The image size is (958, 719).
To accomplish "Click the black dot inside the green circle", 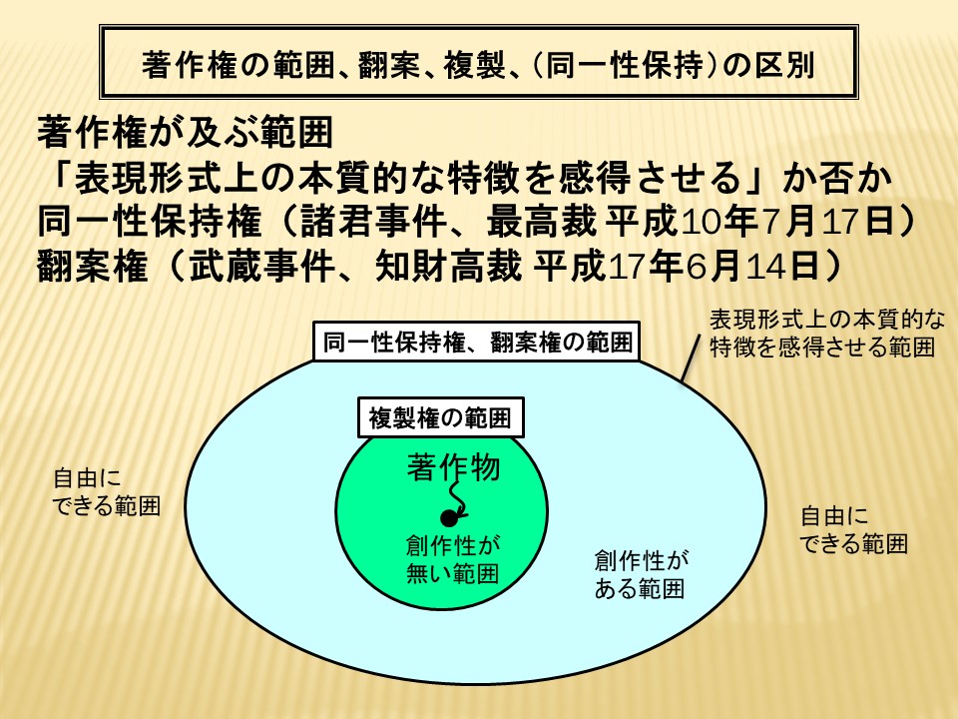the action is (x=449, y=518).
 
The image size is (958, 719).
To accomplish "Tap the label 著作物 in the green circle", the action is (x=454, y=467).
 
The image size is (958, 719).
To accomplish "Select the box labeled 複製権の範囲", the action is (x=440, y=418).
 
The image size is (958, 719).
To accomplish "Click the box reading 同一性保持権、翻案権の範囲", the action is (x=477, y=342).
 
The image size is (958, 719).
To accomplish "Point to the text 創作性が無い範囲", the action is (x=453, y=559).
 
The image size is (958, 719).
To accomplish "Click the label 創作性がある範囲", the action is (x=641, y=574).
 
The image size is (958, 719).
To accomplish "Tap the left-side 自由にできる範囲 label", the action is (x=107, y=492).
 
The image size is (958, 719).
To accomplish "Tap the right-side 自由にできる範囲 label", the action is (x=853, y=530).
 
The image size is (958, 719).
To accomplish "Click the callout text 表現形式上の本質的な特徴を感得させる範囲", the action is (x=827, y=334).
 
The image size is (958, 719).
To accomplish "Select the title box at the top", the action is (x=479, y=62).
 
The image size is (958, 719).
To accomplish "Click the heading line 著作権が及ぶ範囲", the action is (x=186, y=132).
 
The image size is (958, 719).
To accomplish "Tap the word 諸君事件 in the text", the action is (x=372, y=221).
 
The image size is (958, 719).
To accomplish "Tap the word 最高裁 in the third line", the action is (x=542, y=221).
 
